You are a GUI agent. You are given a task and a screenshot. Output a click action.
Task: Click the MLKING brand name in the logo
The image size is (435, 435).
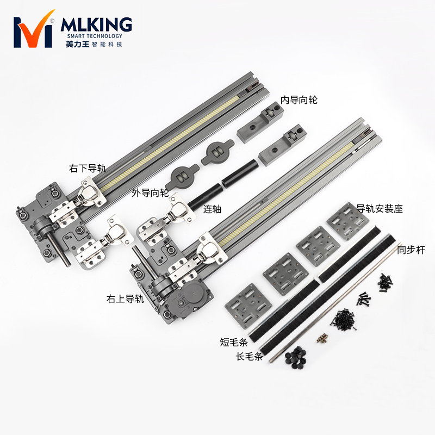click(x=96, y=24)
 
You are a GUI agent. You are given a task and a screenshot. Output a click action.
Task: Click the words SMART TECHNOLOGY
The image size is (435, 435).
click(x=95, y=36)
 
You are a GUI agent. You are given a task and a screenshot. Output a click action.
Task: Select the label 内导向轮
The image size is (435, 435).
click(x=299, y=100)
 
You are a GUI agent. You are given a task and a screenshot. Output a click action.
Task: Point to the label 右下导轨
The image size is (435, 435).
click(x=88, y=168)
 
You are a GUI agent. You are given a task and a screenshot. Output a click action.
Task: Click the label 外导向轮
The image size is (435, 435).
click(x=150, y=192)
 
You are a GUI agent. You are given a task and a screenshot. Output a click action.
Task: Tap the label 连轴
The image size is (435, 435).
click(x=212, y=209)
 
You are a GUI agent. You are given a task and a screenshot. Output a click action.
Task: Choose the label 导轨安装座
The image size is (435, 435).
click(x=379, y=208)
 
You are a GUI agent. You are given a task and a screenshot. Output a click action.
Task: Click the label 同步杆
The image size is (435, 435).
click(x=411, y=250)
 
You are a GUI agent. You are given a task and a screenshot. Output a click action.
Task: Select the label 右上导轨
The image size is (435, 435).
click(x=125, y=299)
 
